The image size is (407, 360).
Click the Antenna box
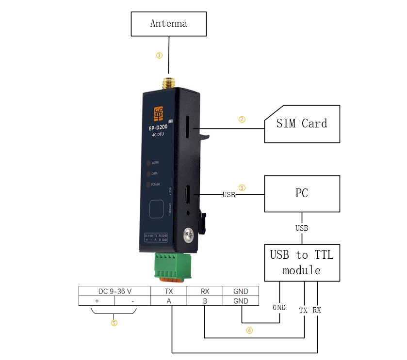click(168, 24)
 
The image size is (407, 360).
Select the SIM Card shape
click(302, 124)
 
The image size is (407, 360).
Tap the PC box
click(302, 194)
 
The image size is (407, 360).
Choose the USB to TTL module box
click(302, 263)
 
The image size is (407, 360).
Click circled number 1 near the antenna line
click(159, 55)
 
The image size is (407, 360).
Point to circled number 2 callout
click(242, 119)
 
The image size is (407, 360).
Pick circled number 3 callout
click(242, 188)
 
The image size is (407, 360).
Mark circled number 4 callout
click(249, 331)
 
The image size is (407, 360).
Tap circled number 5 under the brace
click(114, 323)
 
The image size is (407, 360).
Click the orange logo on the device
click(158, 115)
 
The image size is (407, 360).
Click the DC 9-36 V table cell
click(115, 291)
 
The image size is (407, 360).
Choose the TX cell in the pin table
click(169, 291)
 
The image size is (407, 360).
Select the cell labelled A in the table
click(169, 301)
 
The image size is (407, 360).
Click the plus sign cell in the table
click(97, 301)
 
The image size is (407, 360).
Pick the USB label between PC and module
click(302, 228)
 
